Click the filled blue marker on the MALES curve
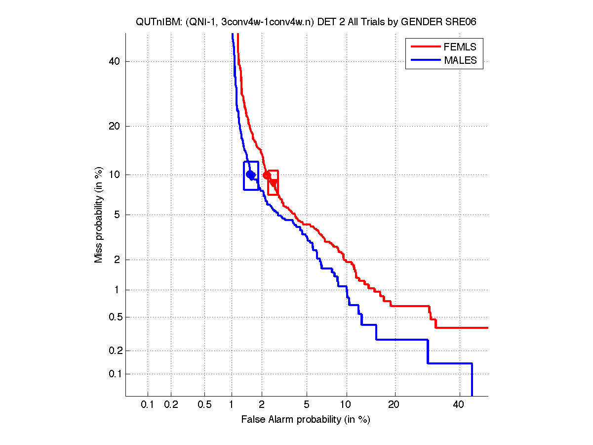[250, 175]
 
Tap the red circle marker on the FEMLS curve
[267, 175]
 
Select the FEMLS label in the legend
[460, 47]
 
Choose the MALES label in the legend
[460, 60]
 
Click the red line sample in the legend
[425, 47]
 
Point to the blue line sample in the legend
[425, 60]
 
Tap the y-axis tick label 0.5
[113, 317]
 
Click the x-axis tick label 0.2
[171, 405]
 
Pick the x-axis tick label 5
[307, 405]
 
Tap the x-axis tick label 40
[459, 405]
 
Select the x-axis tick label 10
[347, 405]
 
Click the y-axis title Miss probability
[99, 215]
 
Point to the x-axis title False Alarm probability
[306, 420]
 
